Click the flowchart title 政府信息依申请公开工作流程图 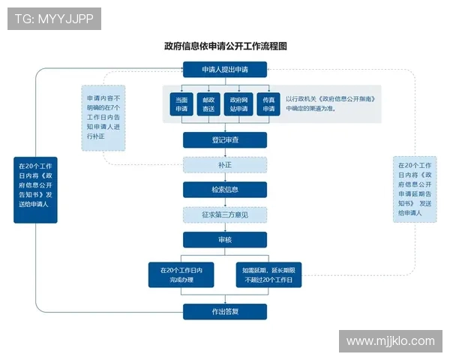click(226, 46)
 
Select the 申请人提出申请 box click(225, 70)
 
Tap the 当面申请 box click(181, 104)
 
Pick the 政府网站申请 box click(238, 104)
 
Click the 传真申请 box click(268, 104)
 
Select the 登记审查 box click(225, 140)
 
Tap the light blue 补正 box click(225, 164)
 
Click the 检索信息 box click(225, 189)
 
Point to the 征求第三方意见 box click(225, 214)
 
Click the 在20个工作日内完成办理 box click(181, 274)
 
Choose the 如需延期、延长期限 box click(268, 274)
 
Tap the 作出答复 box click(225, 311)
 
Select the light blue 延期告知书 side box click(415, 189)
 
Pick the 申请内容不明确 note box click(103, 118)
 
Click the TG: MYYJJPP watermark click(54, 19)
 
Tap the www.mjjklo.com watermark click(390, 341)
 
